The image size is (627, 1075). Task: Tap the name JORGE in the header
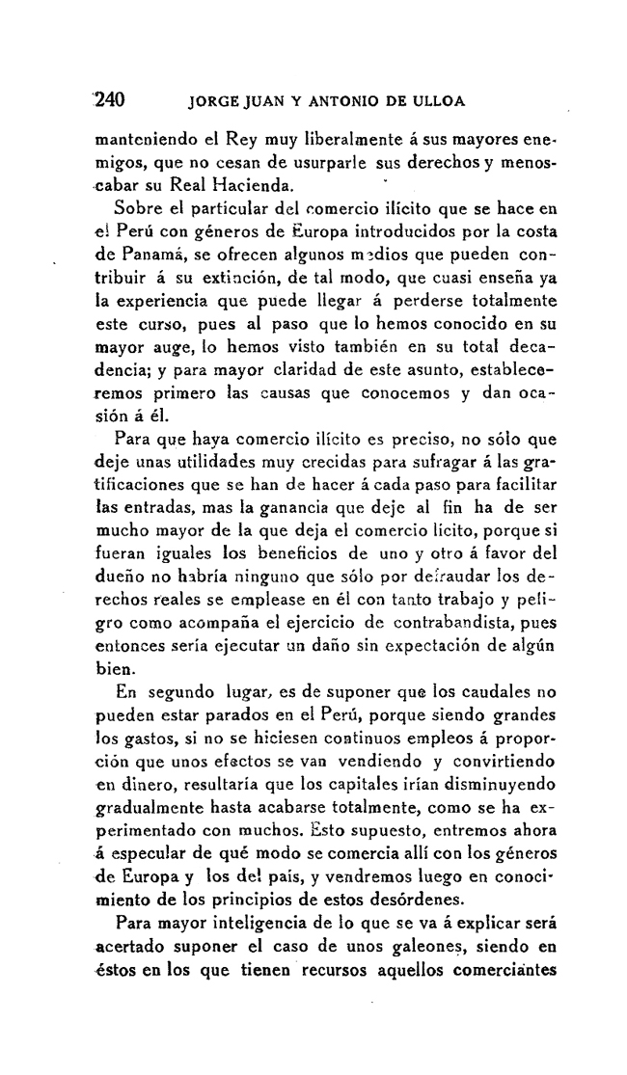pos(218,99)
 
